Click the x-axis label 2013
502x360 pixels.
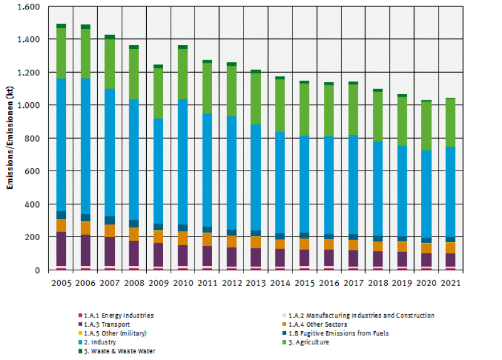click(255, 283)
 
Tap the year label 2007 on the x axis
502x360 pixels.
click(110, 283)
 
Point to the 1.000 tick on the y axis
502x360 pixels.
click(30, 105)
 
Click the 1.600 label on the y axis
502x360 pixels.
click(30, 7)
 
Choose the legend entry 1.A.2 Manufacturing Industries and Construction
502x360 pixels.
click(361, 315)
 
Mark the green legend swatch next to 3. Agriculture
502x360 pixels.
click(284, 342)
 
